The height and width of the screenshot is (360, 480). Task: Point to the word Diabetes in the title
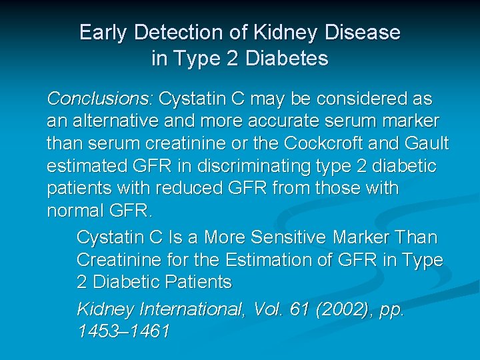coord(287,59)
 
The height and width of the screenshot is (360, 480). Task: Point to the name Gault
coord(427,143)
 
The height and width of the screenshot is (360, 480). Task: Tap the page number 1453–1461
coord(123,331)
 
